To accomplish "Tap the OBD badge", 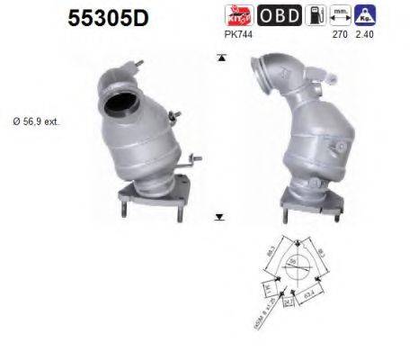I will (x=280, y=15).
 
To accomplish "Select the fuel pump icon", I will (x=315, y=15).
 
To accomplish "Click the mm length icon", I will (x=340, y=14).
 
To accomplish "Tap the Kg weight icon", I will (x=364, y=14).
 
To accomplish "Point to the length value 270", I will (x=340, y=35).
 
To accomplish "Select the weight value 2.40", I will (x=363, y=35).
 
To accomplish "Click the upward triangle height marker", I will (x=219, y=58).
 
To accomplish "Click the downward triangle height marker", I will (x=219, y=216).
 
